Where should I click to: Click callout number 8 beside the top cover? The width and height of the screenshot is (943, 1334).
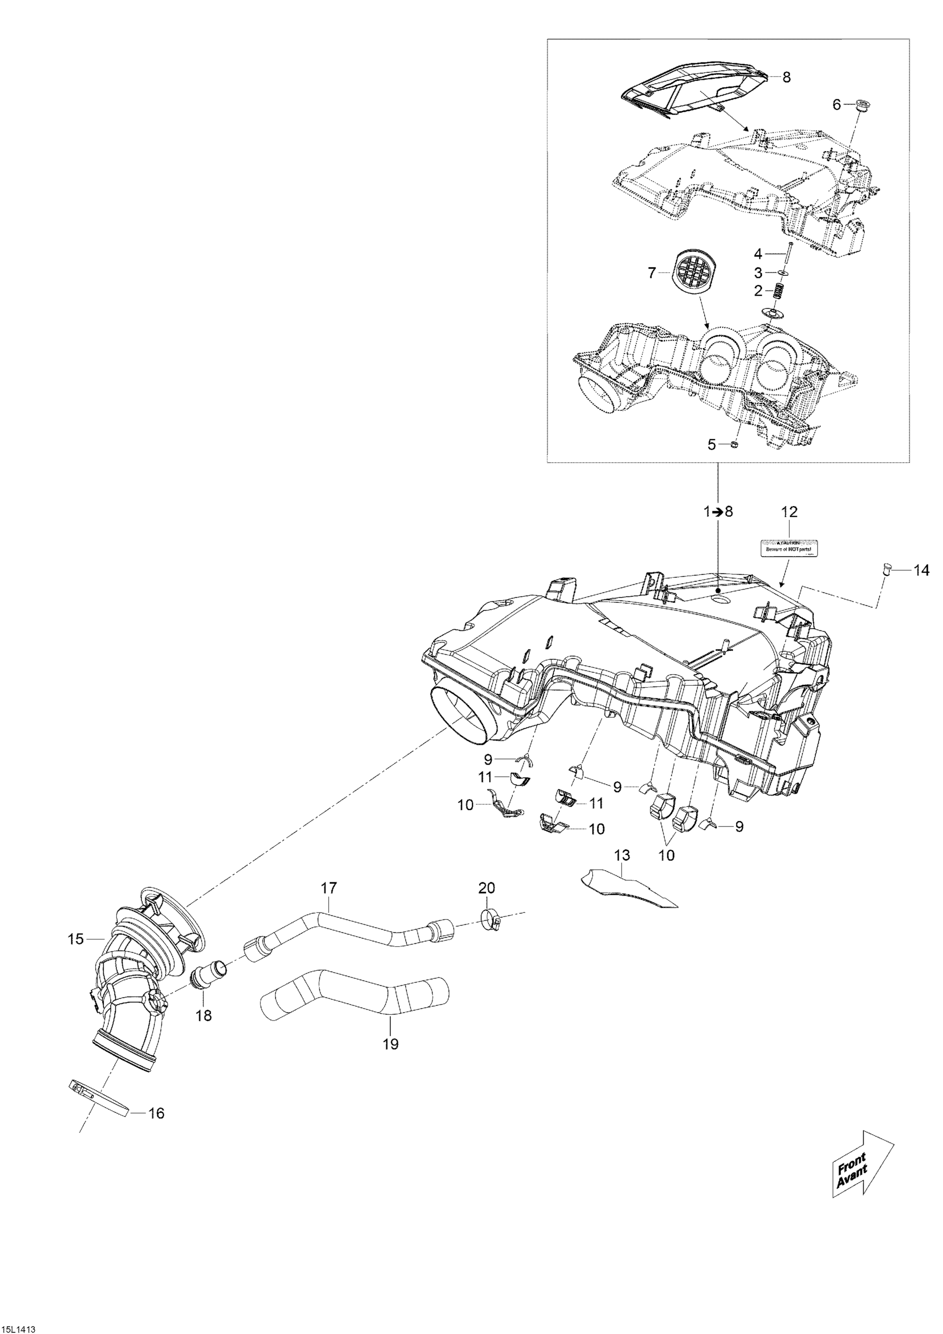(787, 76)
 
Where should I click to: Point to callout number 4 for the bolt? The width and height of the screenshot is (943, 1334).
(758, 254)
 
